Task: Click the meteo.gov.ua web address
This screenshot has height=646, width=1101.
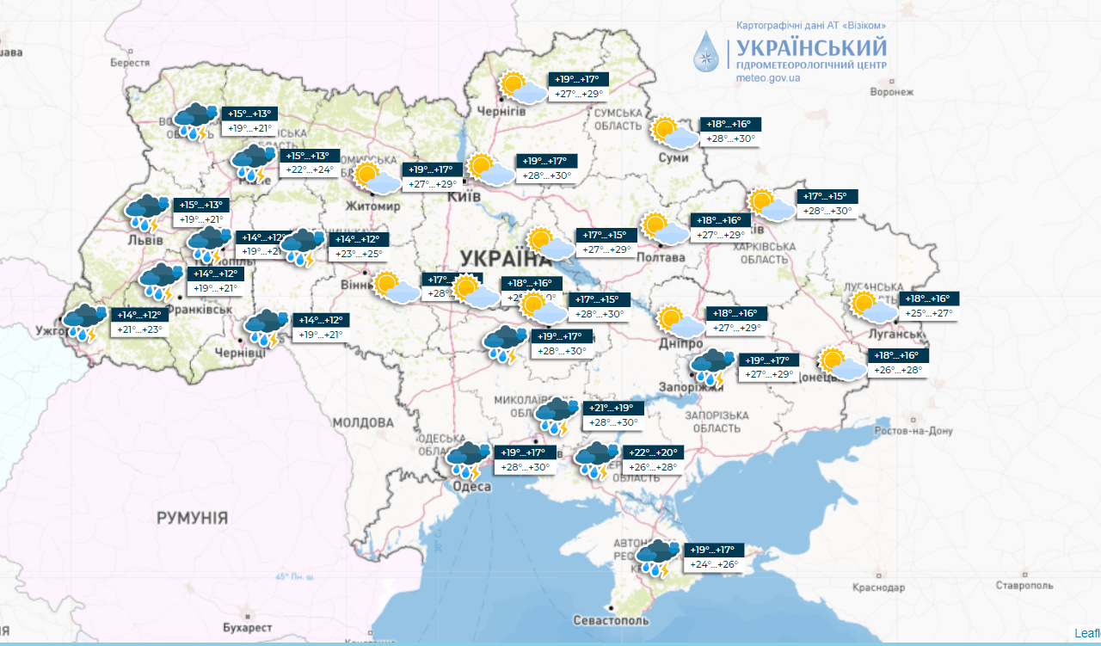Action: [768, 78]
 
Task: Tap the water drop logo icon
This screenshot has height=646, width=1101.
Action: [708, 52]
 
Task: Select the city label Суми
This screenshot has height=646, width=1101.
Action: [672, 158]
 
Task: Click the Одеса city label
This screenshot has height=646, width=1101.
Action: [471, 487]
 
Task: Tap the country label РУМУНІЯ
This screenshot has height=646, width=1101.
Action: [192, 518]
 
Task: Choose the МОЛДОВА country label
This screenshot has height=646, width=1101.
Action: [362, 423]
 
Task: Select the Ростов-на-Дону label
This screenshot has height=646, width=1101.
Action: [914, 431]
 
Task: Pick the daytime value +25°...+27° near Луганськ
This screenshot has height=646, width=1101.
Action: [928, 313]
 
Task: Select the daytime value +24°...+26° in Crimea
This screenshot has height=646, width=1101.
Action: [714, 565]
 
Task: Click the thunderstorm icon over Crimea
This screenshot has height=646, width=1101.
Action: [658, 557]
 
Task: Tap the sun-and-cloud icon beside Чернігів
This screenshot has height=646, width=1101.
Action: [524, 88]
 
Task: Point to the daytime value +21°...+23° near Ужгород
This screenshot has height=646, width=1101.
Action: [139, 329]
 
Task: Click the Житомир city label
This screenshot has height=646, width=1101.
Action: [372, 206]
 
